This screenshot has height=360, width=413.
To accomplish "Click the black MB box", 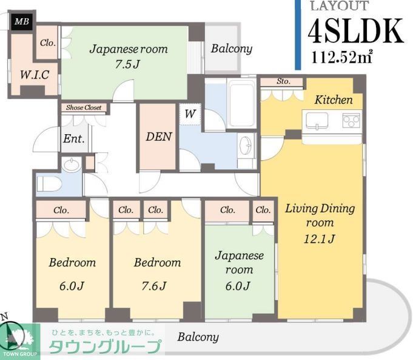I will pos(22,22).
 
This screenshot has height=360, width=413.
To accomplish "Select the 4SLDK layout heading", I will pos(355,32).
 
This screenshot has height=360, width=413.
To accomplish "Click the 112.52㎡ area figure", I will pos(342,59).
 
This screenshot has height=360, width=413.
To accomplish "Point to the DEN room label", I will pos(158,137).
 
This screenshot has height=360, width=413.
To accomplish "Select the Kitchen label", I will pos(334,99).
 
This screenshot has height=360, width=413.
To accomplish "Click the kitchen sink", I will pos(318,121).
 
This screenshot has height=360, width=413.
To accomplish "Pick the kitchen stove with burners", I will pos(351,120).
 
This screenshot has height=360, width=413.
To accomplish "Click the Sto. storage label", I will pos(283,81).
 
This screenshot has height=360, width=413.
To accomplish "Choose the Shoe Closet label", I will pos(84,108).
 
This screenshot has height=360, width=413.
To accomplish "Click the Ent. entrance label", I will pos(73,138).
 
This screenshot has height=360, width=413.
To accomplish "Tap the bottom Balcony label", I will pos(198,337).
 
